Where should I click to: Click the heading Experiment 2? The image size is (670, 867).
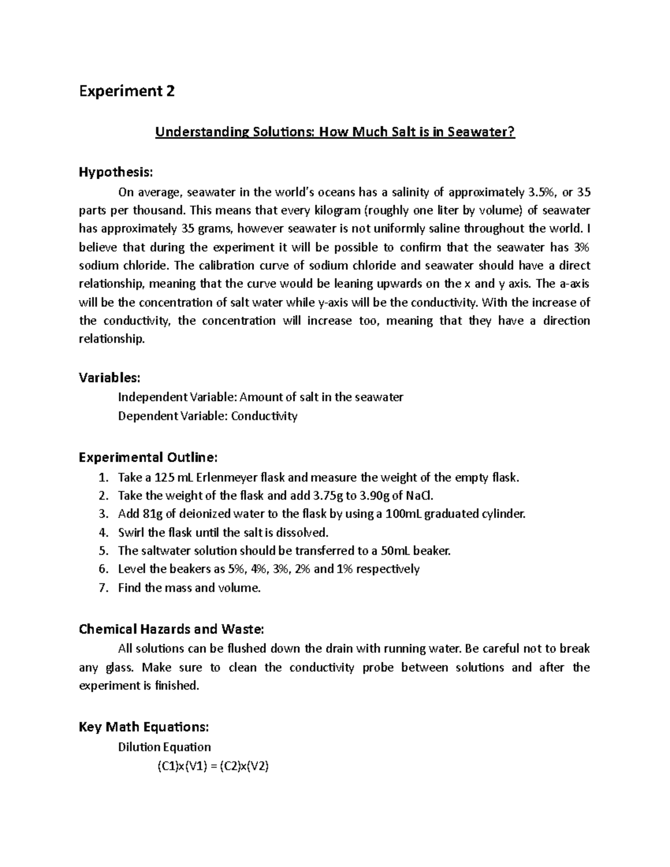point(127,91)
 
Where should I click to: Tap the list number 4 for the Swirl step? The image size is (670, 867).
point(102,532)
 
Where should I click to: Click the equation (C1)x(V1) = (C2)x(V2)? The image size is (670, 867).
point(212,767)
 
